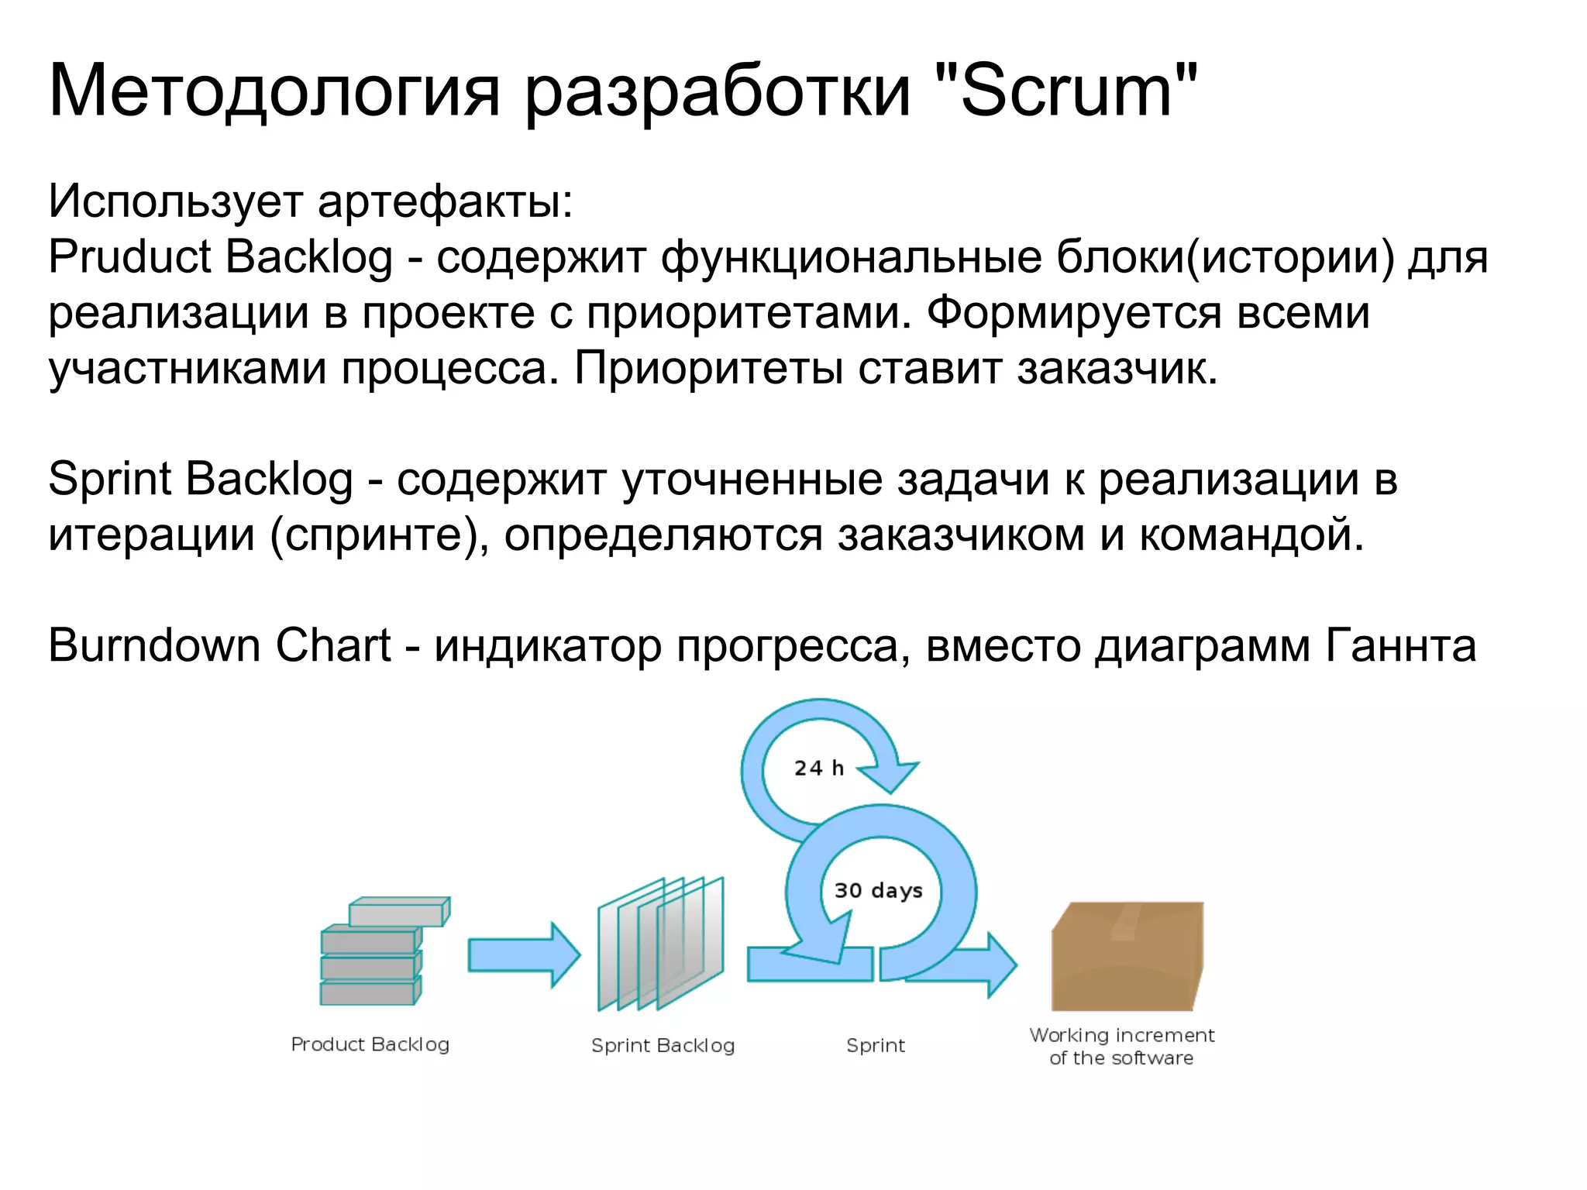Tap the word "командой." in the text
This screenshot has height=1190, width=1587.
(x=1251, y=535)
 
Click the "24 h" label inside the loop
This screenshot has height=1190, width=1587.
(x=818, y=768)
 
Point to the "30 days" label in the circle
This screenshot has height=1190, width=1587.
(x=878, y=890)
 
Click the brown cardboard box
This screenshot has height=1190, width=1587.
(x=1127, y=957)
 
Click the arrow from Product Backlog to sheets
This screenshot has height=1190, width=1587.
(x=524, y=954)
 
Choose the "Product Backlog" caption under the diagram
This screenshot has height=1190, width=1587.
(x=370, y=1044)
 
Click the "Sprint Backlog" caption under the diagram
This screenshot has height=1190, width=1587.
(x=663, y=1046)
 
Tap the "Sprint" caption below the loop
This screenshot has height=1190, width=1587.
(x=875, y=1046)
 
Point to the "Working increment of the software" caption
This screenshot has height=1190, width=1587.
(x=1121, y=1046)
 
